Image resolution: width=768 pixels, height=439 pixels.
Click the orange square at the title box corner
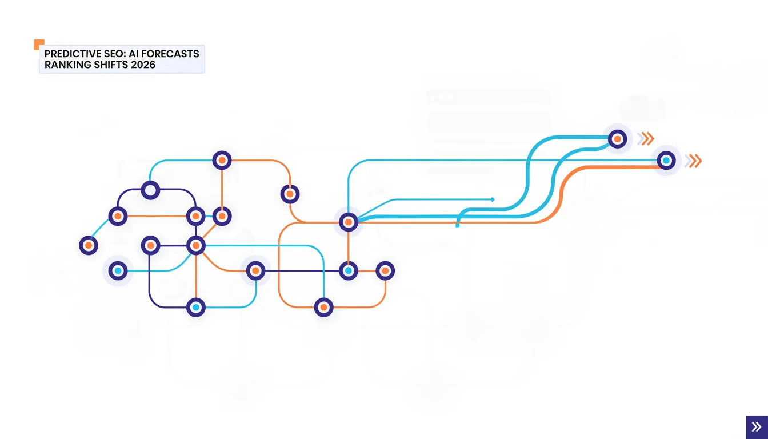pos(39,44)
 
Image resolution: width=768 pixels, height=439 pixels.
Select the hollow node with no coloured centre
pos(150,190)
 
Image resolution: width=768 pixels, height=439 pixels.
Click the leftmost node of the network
pos(89,246)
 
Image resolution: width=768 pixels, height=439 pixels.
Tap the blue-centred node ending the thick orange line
pos(666,161)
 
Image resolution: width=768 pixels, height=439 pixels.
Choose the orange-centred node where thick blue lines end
pos(618,139)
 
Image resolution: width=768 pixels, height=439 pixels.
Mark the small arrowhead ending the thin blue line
pos(493,199)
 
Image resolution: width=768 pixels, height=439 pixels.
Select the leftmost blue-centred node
pos(118,271)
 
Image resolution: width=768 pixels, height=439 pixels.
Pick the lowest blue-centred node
pos(196,308)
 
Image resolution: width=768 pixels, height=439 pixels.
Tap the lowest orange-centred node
pos(323,308)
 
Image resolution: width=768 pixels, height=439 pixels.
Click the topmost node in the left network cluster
pos(222,160)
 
